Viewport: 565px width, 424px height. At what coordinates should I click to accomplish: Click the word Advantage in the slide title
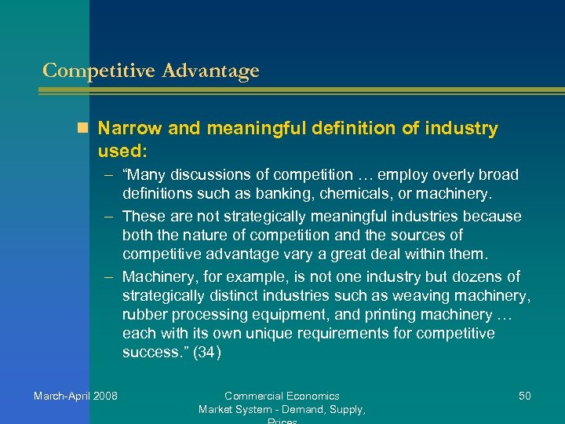210,71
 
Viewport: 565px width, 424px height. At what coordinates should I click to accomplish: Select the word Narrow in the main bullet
130,128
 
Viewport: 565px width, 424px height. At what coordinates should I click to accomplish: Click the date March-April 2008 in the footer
75,396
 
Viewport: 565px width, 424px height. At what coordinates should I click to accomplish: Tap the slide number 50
524,396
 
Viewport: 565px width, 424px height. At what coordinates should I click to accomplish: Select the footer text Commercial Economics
282,396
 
